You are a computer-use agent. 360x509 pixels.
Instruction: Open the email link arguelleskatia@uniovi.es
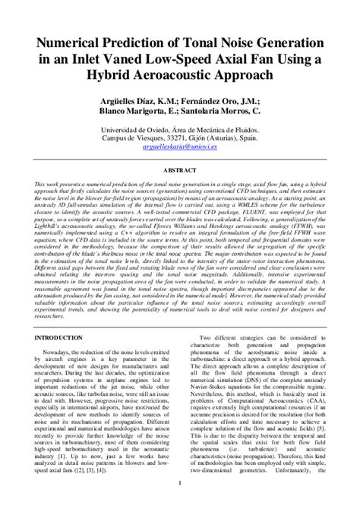[180, 150]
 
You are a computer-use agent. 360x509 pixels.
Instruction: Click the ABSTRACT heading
[180, 171]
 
